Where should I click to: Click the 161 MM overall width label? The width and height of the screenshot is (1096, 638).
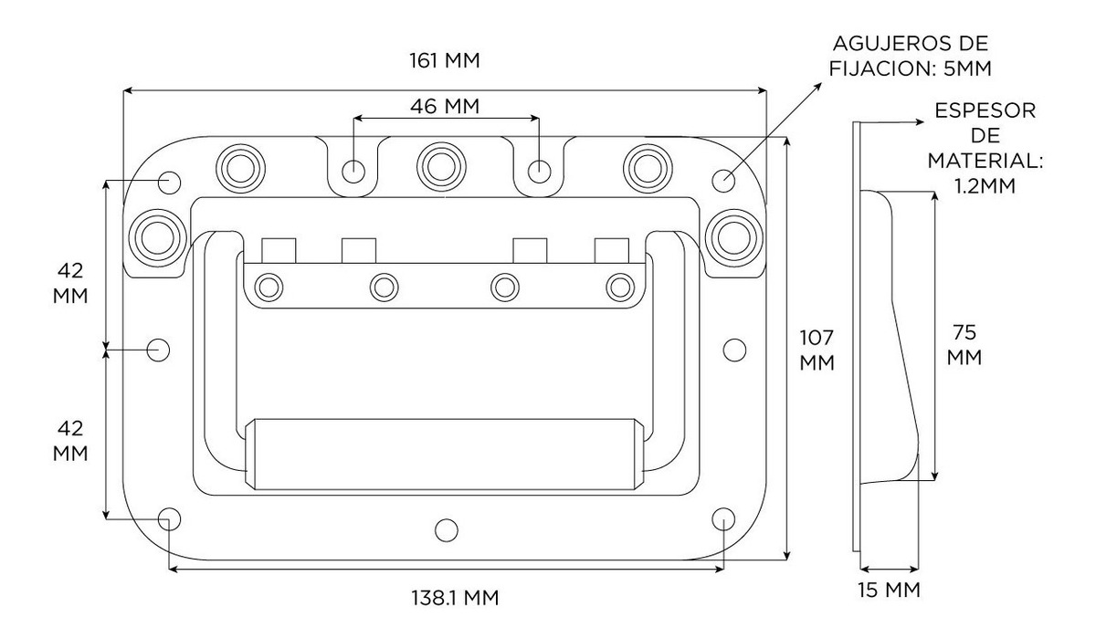coord(446,61)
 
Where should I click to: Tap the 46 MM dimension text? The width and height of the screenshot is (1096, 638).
coord(445,106)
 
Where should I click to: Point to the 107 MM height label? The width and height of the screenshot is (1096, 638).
coord(817,350)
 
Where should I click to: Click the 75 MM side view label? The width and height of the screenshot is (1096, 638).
coord(964,344)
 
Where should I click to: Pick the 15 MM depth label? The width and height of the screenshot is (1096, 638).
coord(889,589)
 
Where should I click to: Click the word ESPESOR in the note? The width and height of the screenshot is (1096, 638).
coord(985,111)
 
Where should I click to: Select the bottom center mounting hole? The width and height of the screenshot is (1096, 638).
coord(446,528)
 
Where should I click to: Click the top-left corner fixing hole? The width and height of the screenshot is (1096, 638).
coord(169,180)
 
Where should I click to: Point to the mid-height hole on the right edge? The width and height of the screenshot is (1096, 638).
coord(733,349)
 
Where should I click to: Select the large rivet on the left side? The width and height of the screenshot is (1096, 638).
coord(154,235)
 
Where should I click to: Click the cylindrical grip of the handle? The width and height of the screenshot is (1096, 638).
coord(446,453)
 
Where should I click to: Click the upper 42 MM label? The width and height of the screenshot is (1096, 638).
coord(69,283)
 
